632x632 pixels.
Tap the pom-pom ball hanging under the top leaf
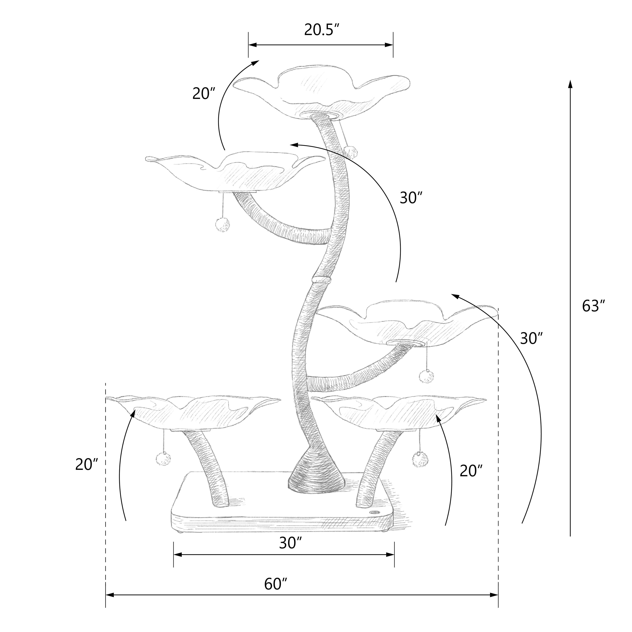(x=350, y=152)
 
